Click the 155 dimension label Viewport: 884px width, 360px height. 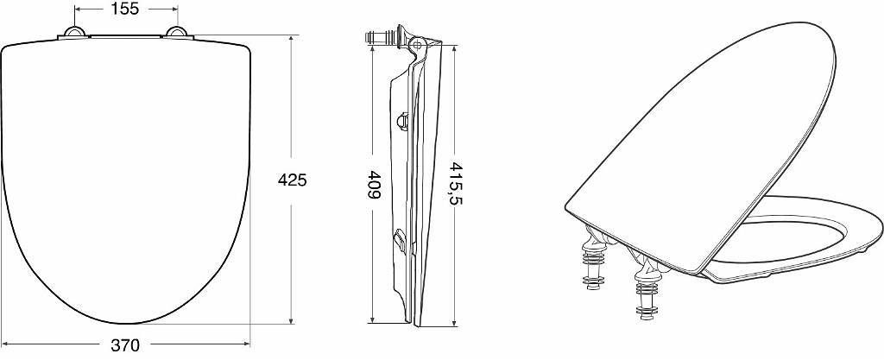tap(126, 9)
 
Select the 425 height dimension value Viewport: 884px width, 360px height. tap(292, 180)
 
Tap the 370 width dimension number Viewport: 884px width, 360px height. tap(125, 344)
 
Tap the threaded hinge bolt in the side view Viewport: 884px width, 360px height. tap(381, 38)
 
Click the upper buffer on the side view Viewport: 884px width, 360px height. tap(402, 121)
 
